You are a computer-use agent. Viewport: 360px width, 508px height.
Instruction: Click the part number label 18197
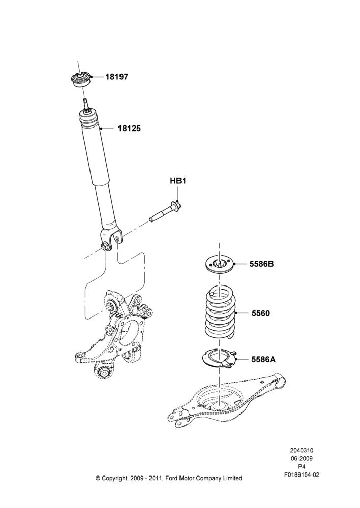[x=116, y=77]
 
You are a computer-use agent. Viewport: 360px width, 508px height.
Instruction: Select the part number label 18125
[x=129, y=129]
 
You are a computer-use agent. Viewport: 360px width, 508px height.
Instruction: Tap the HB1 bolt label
[x=178, y=181]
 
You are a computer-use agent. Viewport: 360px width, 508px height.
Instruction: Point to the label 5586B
[x=261, y=264]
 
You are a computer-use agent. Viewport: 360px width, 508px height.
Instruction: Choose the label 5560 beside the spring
[x=260, y=313]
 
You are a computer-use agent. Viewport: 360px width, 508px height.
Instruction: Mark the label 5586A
[x=263, y=359]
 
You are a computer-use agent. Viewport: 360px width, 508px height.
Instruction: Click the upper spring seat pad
[x=220, y=264]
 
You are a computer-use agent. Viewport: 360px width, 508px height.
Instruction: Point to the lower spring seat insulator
[x=220, y=358]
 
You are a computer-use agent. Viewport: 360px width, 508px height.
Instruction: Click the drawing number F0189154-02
[x=302, y=474]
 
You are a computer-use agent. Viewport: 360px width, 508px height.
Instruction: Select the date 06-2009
[x=302, y=458]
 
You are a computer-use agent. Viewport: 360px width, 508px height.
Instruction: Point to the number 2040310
[x=302, y=450]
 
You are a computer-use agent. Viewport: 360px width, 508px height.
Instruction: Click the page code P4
[x=302, y=466]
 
